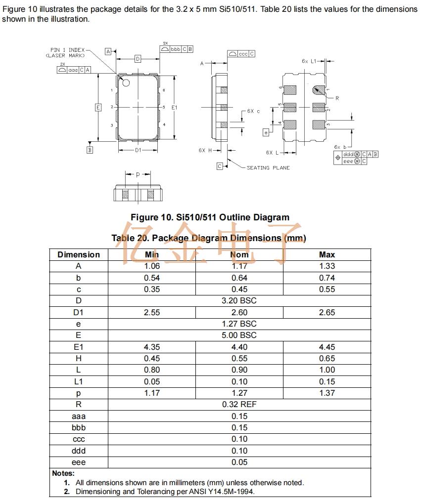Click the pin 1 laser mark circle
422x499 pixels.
[x=126, y=83]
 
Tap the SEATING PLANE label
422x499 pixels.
[x=268, y=168]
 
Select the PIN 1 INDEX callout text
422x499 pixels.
[x=67, y=50]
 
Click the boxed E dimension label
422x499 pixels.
[x=98, y=107]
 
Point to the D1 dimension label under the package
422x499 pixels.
[x=138, y=150]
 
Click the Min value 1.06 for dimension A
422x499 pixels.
[x=152, y=266]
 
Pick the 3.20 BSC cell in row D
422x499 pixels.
[x=239, y=300]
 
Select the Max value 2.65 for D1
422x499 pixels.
[x=327, y=312]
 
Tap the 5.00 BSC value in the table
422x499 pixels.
[x=239, y=335]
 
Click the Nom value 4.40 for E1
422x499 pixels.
[x=239, y=347]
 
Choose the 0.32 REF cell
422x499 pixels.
[x=239, y=404]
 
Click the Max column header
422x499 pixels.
[x=327, y=254]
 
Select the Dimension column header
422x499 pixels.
[x=79, y=254]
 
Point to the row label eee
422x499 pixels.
[x=79, y=462]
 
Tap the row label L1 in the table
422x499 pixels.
[x=79, y=381]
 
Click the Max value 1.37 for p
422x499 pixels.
[x=327, y=393]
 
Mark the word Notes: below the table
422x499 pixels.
[x=63, y=473]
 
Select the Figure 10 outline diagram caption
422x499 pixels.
[x=210, y=217]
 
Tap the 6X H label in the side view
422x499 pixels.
[x=205, y=150]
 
